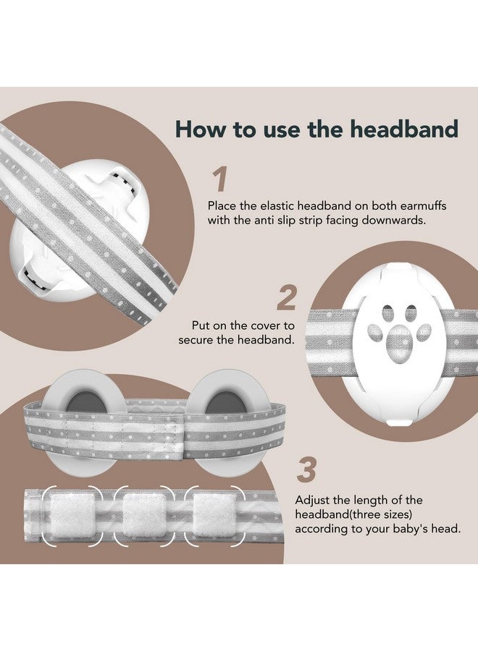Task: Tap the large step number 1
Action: (x=219, y=180)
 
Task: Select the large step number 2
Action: (x=287, y=299)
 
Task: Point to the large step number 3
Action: (x=307, y=470)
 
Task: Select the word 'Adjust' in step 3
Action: (x=312, y=500)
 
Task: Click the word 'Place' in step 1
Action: (x=222, y=205)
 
